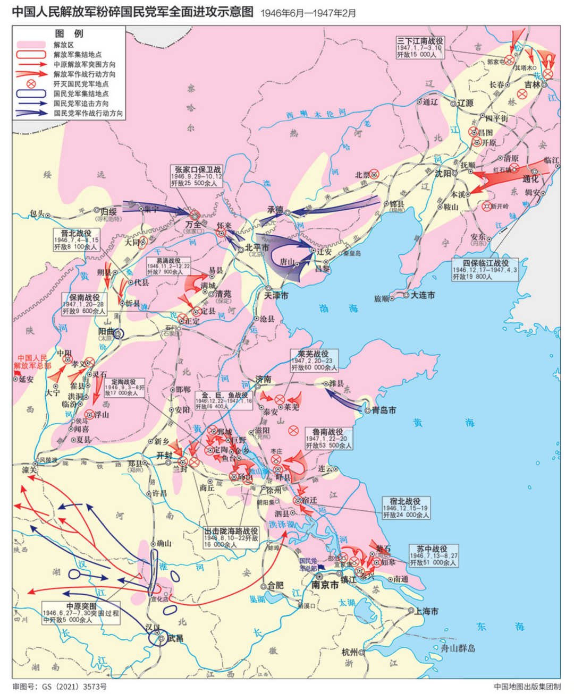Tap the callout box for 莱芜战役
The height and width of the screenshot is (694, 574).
click(314, 361)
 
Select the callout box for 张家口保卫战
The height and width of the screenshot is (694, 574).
click(197, 176)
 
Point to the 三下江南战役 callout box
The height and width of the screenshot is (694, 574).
click(420, 47)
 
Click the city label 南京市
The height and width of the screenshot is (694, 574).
click(325, 585)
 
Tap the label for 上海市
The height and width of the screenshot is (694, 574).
click(426, 611)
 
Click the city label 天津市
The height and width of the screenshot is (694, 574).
click(276, 295)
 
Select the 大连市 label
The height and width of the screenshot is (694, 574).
click(423, 295)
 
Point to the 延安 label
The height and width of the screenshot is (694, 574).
click(26, 379)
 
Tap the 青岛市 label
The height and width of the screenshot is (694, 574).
click(384, 410)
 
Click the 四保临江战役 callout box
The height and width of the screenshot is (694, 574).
click(485, 269)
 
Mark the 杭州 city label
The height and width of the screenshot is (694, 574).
click(349, 652)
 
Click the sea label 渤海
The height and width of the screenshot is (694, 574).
click(338, 309)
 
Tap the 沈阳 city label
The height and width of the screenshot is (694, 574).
click(443, 174)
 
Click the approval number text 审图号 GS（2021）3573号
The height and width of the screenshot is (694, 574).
click(60, 687)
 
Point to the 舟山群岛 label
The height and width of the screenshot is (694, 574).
click(457, 648)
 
